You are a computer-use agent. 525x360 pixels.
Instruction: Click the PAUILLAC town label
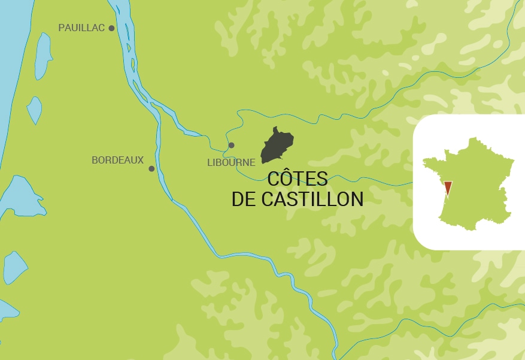pyautogui.click(x=81, y=28)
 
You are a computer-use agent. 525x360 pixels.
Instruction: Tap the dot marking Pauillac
pyautogui.click(x=111, y=28)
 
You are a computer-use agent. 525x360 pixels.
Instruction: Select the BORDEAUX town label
pyautogui.click(x=117, y=161)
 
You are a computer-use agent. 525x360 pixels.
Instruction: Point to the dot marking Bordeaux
pyautogui.click(x=151, y=169)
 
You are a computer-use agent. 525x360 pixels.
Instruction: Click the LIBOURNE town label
pyautogui.click(x=231, y=162)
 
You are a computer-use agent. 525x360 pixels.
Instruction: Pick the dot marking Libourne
pyautogui.click(x=232, y=145)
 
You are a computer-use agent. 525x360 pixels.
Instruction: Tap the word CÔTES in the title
pyautogui.click(x=298, y=179)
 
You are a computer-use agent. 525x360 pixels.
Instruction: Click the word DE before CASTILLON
pyautogui.click(x=244, y=199)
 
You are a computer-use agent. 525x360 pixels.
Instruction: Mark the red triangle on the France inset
pyautogui.click(x=448, y=188)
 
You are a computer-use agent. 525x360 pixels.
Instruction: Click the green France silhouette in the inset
pyautogui.click(x=473, y=180)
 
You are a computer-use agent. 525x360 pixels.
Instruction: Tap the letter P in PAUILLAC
pyautogui.click(x=61, y=28)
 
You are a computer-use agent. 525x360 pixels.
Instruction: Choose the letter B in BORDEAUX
pyautogui.click(x=95, y=161)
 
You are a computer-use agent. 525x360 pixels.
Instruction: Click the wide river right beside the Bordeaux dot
pyautogui.click(x=160, y=170)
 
